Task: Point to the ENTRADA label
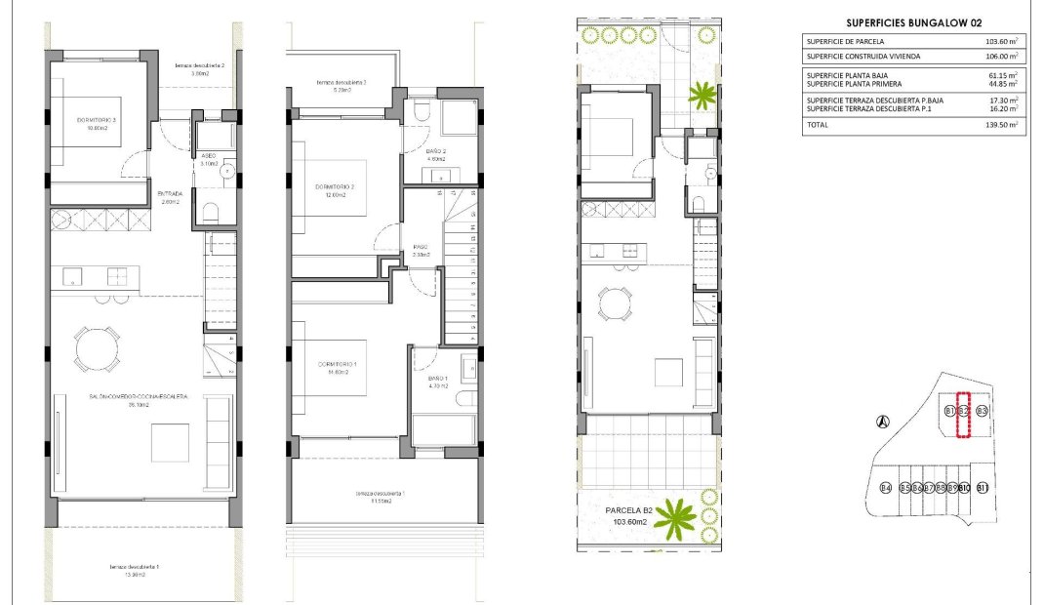click(170, 193)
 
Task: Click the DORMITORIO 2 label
click(335, 187)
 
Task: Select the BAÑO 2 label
click(436, 151)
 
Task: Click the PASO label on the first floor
click(422, 247)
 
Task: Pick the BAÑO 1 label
click(437, 379)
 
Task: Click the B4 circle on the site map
click(885, 488)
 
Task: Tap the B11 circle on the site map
click(983, 488)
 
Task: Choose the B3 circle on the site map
click(983, 411)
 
